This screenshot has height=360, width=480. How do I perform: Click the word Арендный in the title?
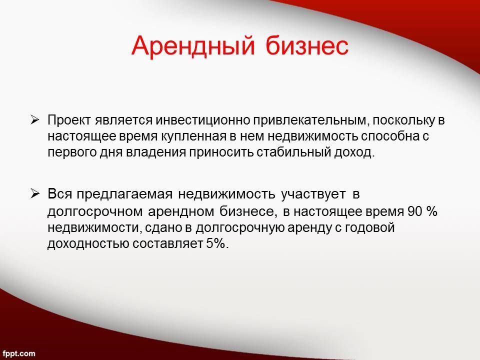pos(193,46)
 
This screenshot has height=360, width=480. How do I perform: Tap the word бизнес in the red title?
pos(307,45)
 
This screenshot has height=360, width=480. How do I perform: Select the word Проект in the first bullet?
pos(69,120)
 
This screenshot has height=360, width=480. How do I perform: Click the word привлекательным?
pos(309,120)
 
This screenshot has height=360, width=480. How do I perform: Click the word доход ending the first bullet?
pos(353,152)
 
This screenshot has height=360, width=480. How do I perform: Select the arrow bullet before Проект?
pos(35,120)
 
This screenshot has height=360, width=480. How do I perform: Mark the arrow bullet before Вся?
pos(35,194)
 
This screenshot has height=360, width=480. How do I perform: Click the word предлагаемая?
pos(124,194)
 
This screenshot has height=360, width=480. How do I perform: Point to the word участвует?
pos(313,194)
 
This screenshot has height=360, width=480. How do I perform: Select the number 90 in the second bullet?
pos(415,211)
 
